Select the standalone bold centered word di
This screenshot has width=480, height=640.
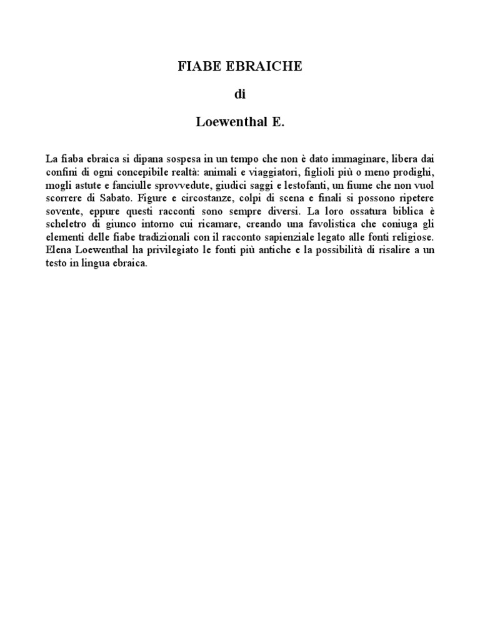coord(239,95)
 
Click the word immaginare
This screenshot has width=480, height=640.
coord(354,159)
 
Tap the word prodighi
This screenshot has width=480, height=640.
coord(414,172)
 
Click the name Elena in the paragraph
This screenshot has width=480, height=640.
coord(59,251)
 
